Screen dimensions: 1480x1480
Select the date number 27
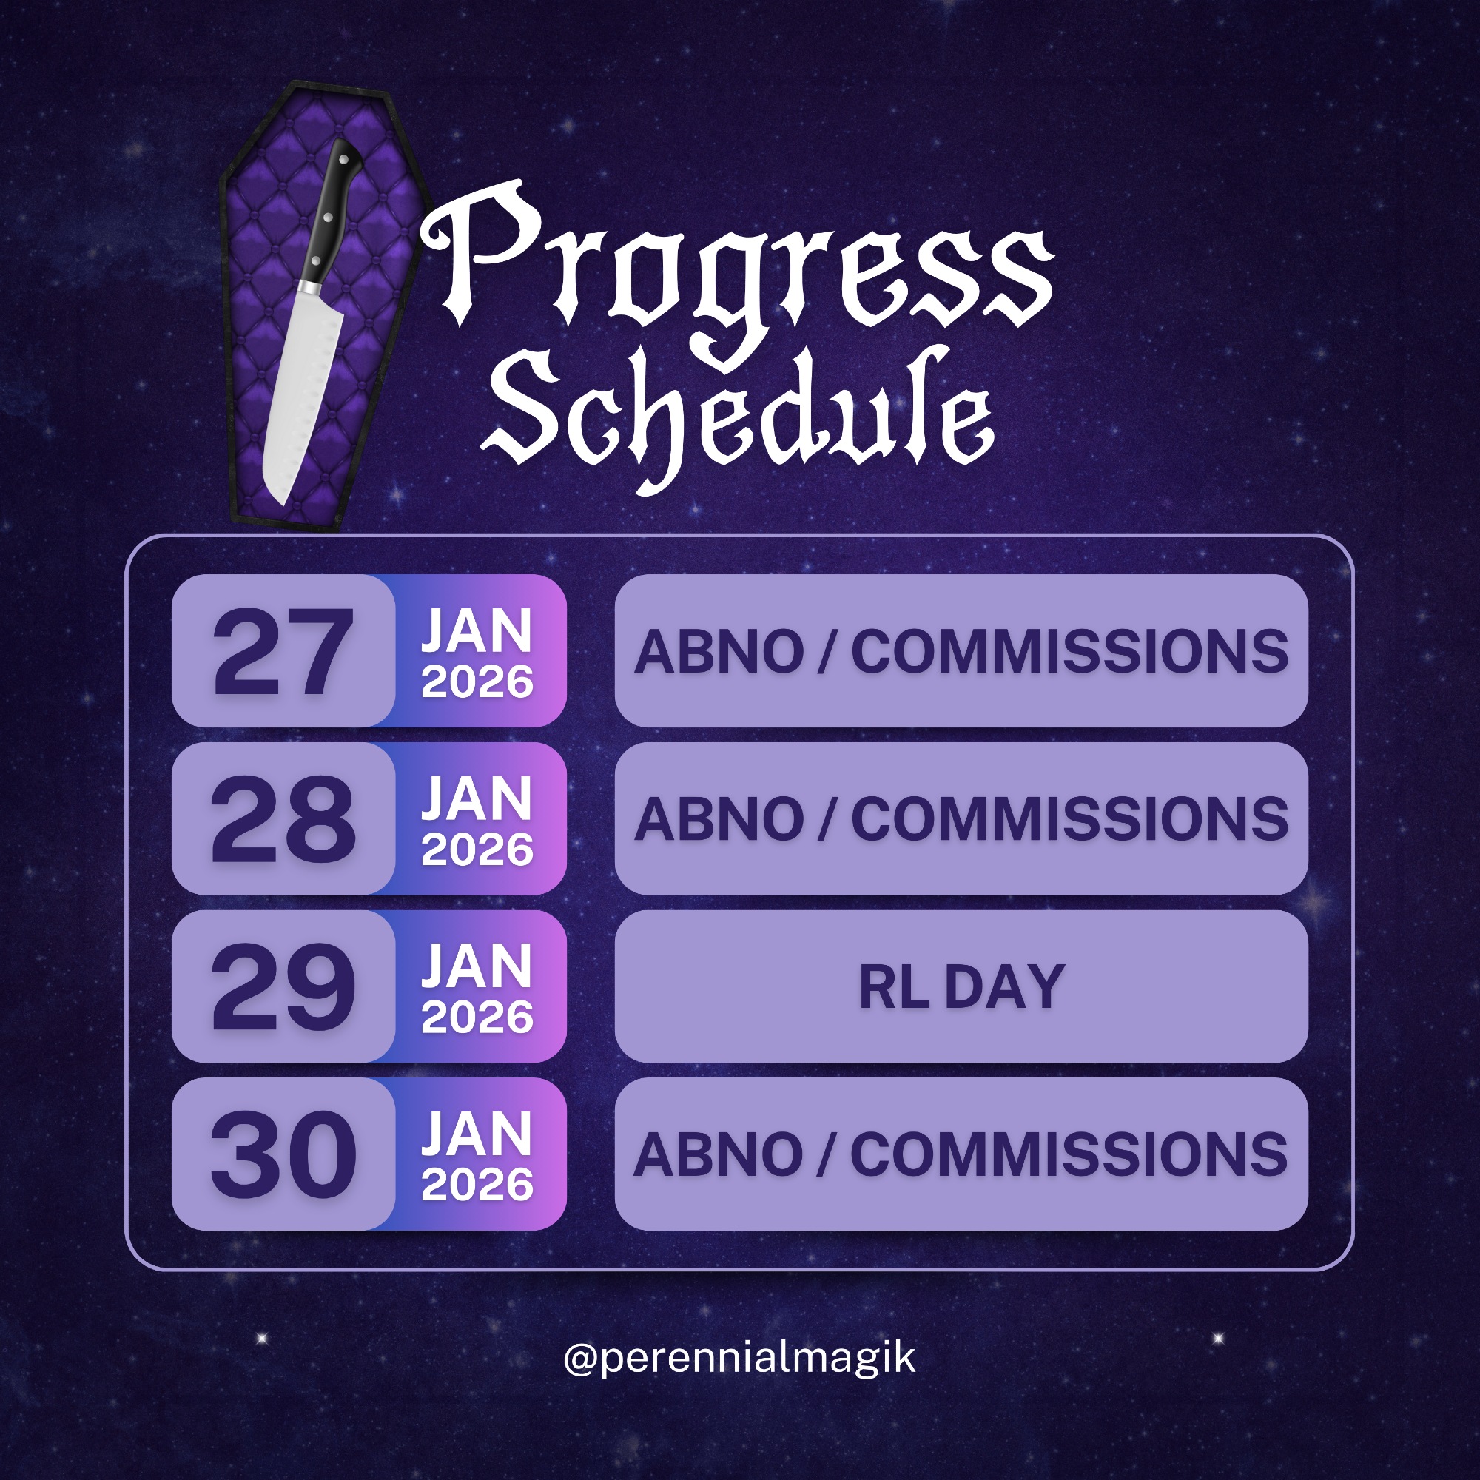click(283, 652)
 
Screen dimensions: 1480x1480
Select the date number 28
click(283, 819)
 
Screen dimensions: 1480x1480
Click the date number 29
click(283, 986)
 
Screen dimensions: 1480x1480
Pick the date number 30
click(283, 1154)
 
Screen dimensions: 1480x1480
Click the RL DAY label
click(961, 986)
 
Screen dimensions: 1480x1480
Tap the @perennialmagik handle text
click(739, 1358)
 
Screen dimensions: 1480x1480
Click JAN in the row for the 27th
click(477, 631)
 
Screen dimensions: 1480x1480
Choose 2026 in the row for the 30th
click(477, 1184)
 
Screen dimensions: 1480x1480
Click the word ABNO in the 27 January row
click(719, 652)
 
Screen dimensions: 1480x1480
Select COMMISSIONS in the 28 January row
click(1069, 819)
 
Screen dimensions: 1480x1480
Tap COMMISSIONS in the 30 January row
click(1069, 1154)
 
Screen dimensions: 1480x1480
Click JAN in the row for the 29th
click(477, 966)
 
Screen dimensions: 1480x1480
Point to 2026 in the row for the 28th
click(477, 850)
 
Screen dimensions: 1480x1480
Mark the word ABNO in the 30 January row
click(719, 1154)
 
